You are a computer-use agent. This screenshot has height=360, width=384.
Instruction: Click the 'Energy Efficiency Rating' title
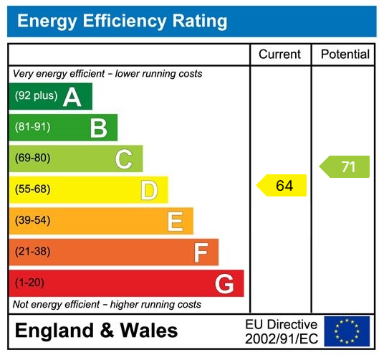coord(122,22)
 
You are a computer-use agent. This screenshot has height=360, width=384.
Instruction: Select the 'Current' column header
coord(279,55)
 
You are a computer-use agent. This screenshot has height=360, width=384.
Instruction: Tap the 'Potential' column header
coord(345,55)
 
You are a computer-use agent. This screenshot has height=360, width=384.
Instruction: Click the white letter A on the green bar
coord(72,97)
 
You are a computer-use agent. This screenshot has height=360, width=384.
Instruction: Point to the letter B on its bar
coord(98,128)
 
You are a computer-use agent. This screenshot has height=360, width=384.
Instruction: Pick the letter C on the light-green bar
coord(124,159)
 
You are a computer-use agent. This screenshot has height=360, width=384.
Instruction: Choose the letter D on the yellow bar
coord(149,190)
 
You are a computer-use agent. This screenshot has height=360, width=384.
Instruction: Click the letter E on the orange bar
coord(175,222)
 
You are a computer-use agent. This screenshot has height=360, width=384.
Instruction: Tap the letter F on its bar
coord(201,252)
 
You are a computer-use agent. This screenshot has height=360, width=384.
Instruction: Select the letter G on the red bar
coord(224,284)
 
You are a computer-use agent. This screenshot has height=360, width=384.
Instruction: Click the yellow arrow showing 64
coord(282,186)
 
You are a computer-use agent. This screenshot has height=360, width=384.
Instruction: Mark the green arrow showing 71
coord(345,167)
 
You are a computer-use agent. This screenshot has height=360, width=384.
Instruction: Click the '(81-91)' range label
coord(32,128)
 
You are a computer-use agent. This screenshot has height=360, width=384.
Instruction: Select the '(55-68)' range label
coord(32,190)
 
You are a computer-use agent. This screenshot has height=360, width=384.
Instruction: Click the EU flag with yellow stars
coord(347,331)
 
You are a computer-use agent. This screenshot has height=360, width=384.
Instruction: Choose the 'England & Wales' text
coord(96,331)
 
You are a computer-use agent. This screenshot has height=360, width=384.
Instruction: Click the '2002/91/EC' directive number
coord(281,338)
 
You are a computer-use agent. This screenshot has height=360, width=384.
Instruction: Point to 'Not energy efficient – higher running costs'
coord(107,305)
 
